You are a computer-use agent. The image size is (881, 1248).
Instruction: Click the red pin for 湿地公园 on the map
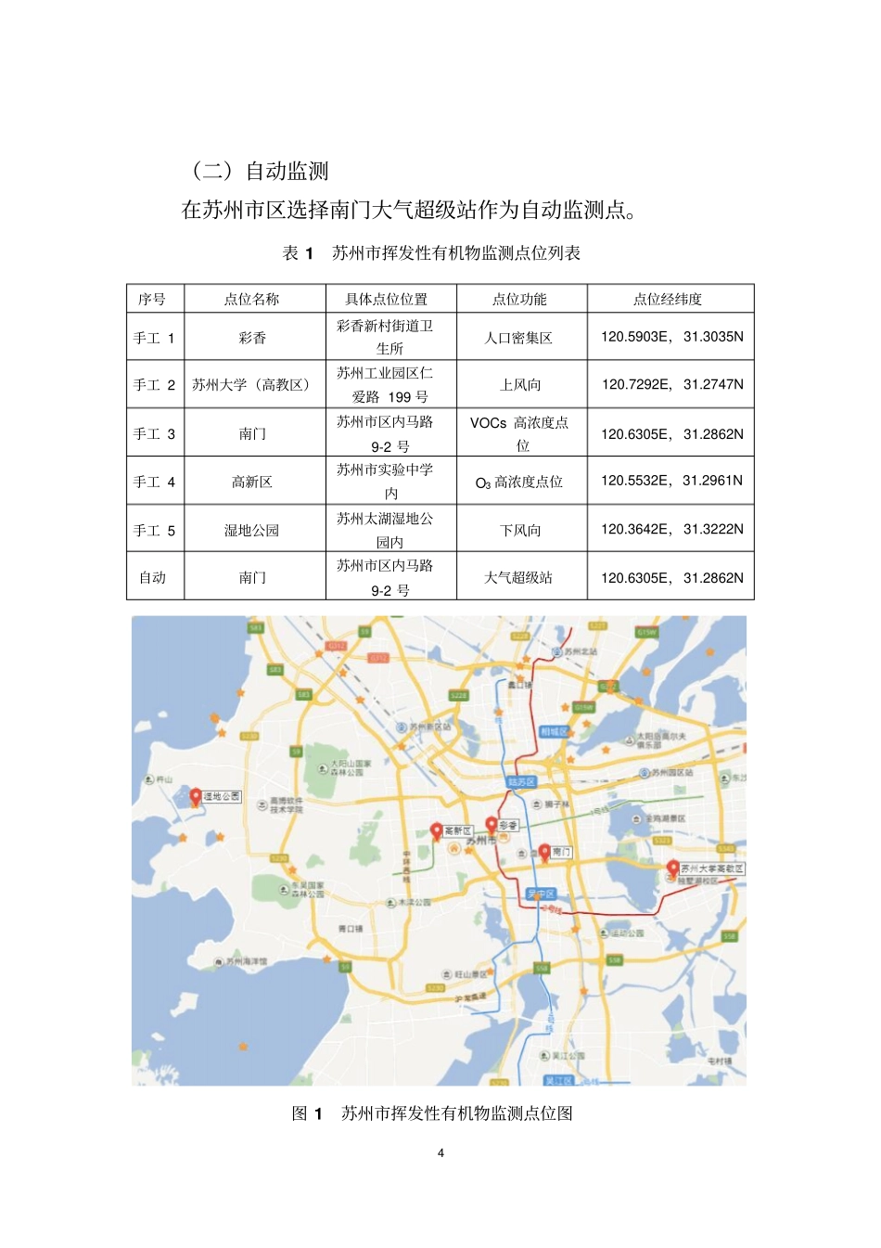(x=196, y=796)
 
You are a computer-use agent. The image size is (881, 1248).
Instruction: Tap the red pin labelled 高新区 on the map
(x=436, y=830)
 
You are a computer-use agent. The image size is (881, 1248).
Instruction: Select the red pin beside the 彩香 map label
(x=492, y=824)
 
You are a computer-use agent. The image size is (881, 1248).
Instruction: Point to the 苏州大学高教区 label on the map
(x=712, y=868)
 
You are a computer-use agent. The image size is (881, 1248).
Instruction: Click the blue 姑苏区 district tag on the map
(x=521, y=782)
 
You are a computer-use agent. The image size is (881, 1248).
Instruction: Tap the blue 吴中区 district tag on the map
(x=541, y=894)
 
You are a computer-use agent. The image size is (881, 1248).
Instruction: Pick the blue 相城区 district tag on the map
(x=553, y=731)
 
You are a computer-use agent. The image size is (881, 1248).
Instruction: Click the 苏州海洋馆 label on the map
(x=247, y=961)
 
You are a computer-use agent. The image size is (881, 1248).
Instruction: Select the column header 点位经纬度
(x=668, y=299)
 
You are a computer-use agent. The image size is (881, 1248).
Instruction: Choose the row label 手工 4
(x=154, y=482)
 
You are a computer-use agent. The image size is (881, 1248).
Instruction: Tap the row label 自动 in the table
(x=153, y=577)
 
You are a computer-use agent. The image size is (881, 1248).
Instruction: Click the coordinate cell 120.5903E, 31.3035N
(x=671, y=337)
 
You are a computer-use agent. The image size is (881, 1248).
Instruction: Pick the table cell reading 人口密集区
(x=519, y=338)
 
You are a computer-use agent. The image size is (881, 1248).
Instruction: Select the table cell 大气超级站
(x=519, y=577)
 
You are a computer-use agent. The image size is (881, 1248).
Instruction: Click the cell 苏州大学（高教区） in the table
(x=253, y=384)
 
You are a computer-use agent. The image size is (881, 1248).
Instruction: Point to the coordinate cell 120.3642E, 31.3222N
(x=671, y=529)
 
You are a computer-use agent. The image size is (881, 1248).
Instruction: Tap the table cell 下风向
(x=520, y=530)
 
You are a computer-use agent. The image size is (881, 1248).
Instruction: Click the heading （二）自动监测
(x=260, y=171)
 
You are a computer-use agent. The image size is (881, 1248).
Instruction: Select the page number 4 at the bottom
(x=440, y=1152)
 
